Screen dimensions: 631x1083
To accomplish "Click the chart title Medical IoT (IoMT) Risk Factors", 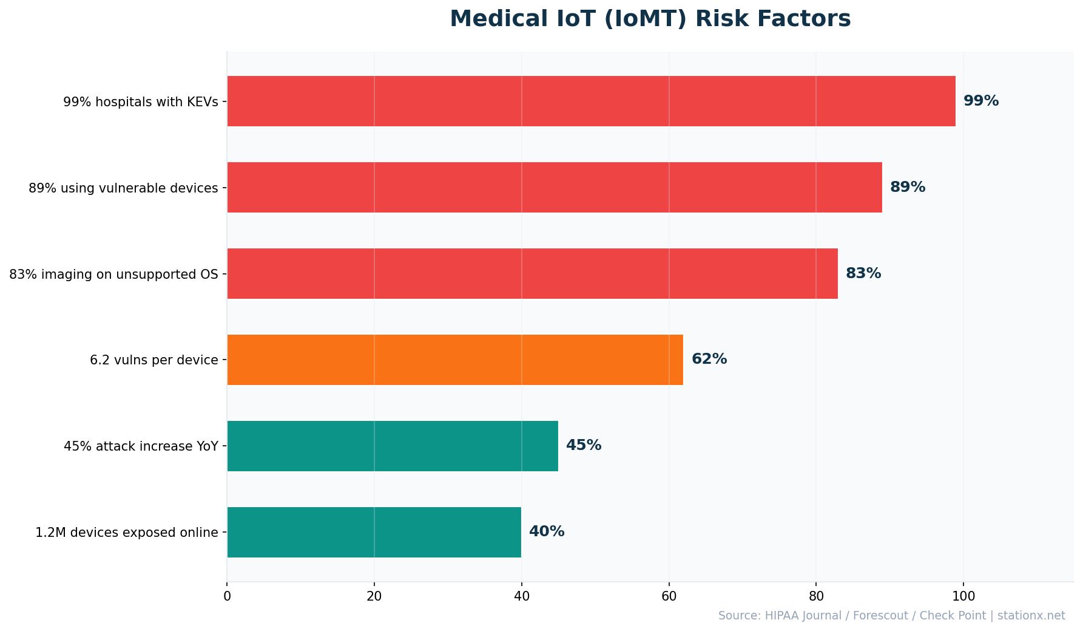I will (650, 19).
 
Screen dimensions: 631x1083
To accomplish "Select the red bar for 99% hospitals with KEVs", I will (591, 101).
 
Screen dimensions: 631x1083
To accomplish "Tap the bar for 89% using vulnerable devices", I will (554, 187).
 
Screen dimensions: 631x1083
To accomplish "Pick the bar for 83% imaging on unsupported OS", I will (532, 273).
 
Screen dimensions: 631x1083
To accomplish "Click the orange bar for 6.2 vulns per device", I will (454, 360).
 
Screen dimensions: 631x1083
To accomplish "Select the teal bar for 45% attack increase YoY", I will (392, 446).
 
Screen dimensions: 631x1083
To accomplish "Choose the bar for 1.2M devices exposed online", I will (374, 532).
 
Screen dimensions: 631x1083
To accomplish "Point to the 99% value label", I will (980, 101).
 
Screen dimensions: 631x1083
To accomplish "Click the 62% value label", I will (709, 360).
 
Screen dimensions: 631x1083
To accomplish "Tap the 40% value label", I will (546, 532).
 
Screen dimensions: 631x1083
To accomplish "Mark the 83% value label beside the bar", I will (863, 273).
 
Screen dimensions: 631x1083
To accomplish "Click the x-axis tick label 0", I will (227, 596).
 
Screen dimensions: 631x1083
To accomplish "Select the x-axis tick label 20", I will (374, 596).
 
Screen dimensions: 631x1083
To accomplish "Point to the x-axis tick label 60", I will (669, 596).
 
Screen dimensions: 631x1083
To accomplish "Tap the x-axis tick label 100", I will (963, 596).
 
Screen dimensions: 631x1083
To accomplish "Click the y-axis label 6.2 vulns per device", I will (154, 360).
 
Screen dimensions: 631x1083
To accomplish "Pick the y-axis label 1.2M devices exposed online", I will (126, 533).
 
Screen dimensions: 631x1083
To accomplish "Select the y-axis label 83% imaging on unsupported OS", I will (113, 274).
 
